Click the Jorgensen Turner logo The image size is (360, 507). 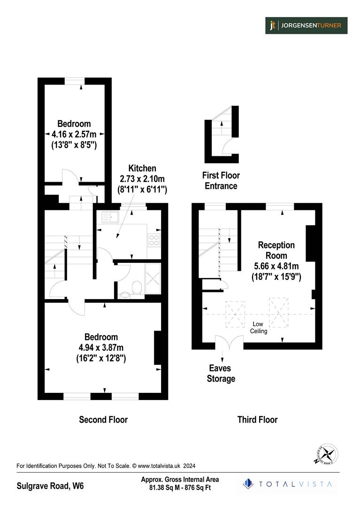point(306,25)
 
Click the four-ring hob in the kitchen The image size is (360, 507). point(154,240)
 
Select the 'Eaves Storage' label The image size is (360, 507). point(221,374)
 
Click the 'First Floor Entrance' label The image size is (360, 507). point(221,180)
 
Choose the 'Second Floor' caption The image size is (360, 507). point(103,419)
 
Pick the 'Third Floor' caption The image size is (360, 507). point(257,419)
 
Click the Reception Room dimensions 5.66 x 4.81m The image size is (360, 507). point(276,266)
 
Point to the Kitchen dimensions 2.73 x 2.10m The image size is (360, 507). point(142,179)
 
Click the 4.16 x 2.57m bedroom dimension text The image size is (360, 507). point(74,134)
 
